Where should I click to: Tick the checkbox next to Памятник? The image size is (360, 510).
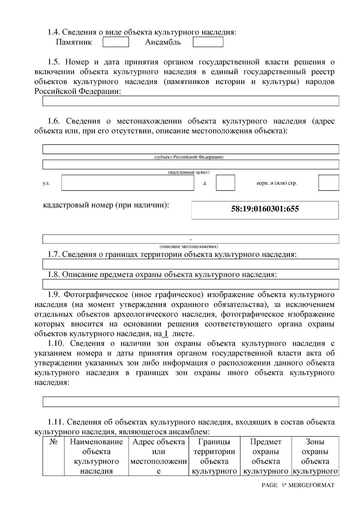coord(116,42)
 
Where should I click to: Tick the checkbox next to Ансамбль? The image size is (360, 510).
coord(208,42)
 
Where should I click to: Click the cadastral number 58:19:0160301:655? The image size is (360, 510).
coord(265,209)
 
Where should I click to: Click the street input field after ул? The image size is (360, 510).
coord(128,183)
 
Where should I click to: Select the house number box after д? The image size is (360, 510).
coord(225,183)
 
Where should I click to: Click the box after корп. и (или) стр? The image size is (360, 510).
coord(328,183)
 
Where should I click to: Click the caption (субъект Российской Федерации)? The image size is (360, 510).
coord(189,157)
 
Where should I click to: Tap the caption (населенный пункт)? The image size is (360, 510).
coord(189,172)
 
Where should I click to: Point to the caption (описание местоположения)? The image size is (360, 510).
coord(189,246)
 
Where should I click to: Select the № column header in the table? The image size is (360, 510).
coord(53,442)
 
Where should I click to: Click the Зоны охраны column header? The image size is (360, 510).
coord(315,456)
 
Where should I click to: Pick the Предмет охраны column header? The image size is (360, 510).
coord(266,456)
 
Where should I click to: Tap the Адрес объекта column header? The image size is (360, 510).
coord(159,456)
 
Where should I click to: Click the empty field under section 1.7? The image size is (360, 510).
coord(190,264)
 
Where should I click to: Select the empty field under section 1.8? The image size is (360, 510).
coord(190,284)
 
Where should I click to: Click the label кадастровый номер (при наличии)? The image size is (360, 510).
coord(106,205)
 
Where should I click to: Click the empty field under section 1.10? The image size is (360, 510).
coord(190,402)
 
